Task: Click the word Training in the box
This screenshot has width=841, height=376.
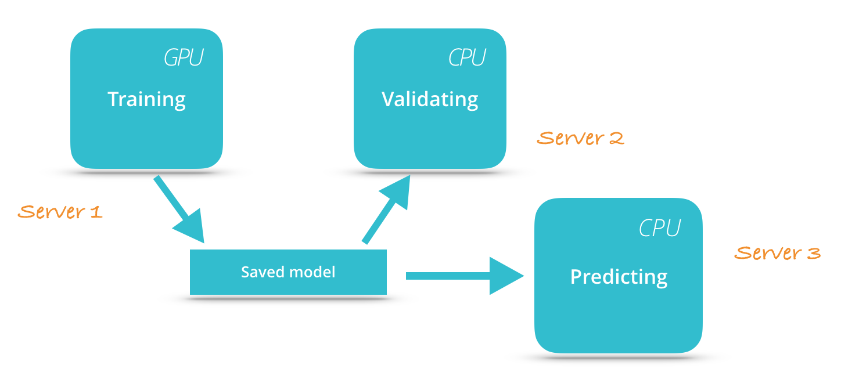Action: click(146, 99)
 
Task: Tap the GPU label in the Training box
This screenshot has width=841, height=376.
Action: click(184, 58)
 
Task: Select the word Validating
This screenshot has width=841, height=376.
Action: click(430, 99)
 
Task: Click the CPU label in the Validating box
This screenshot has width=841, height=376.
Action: click(467, 58)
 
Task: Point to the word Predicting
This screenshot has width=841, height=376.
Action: click(619, 277)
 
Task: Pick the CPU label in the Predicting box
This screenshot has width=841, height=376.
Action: click(659, 229)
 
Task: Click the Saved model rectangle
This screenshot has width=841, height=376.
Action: click(288, 272)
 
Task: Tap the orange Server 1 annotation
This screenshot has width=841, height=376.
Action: click(60, 212)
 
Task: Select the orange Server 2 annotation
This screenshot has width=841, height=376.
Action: click(580, 138)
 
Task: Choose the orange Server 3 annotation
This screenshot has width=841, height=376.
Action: click(777, 253)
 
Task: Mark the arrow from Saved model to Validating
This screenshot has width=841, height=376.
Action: click(387, 209)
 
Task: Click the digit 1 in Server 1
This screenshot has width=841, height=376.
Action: click(96, 212)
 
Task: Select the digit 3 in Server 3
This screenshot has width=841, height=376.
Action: click(813, 253)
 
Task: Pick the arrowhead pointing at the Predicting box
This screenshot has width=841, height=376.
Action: click(505, 276)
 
